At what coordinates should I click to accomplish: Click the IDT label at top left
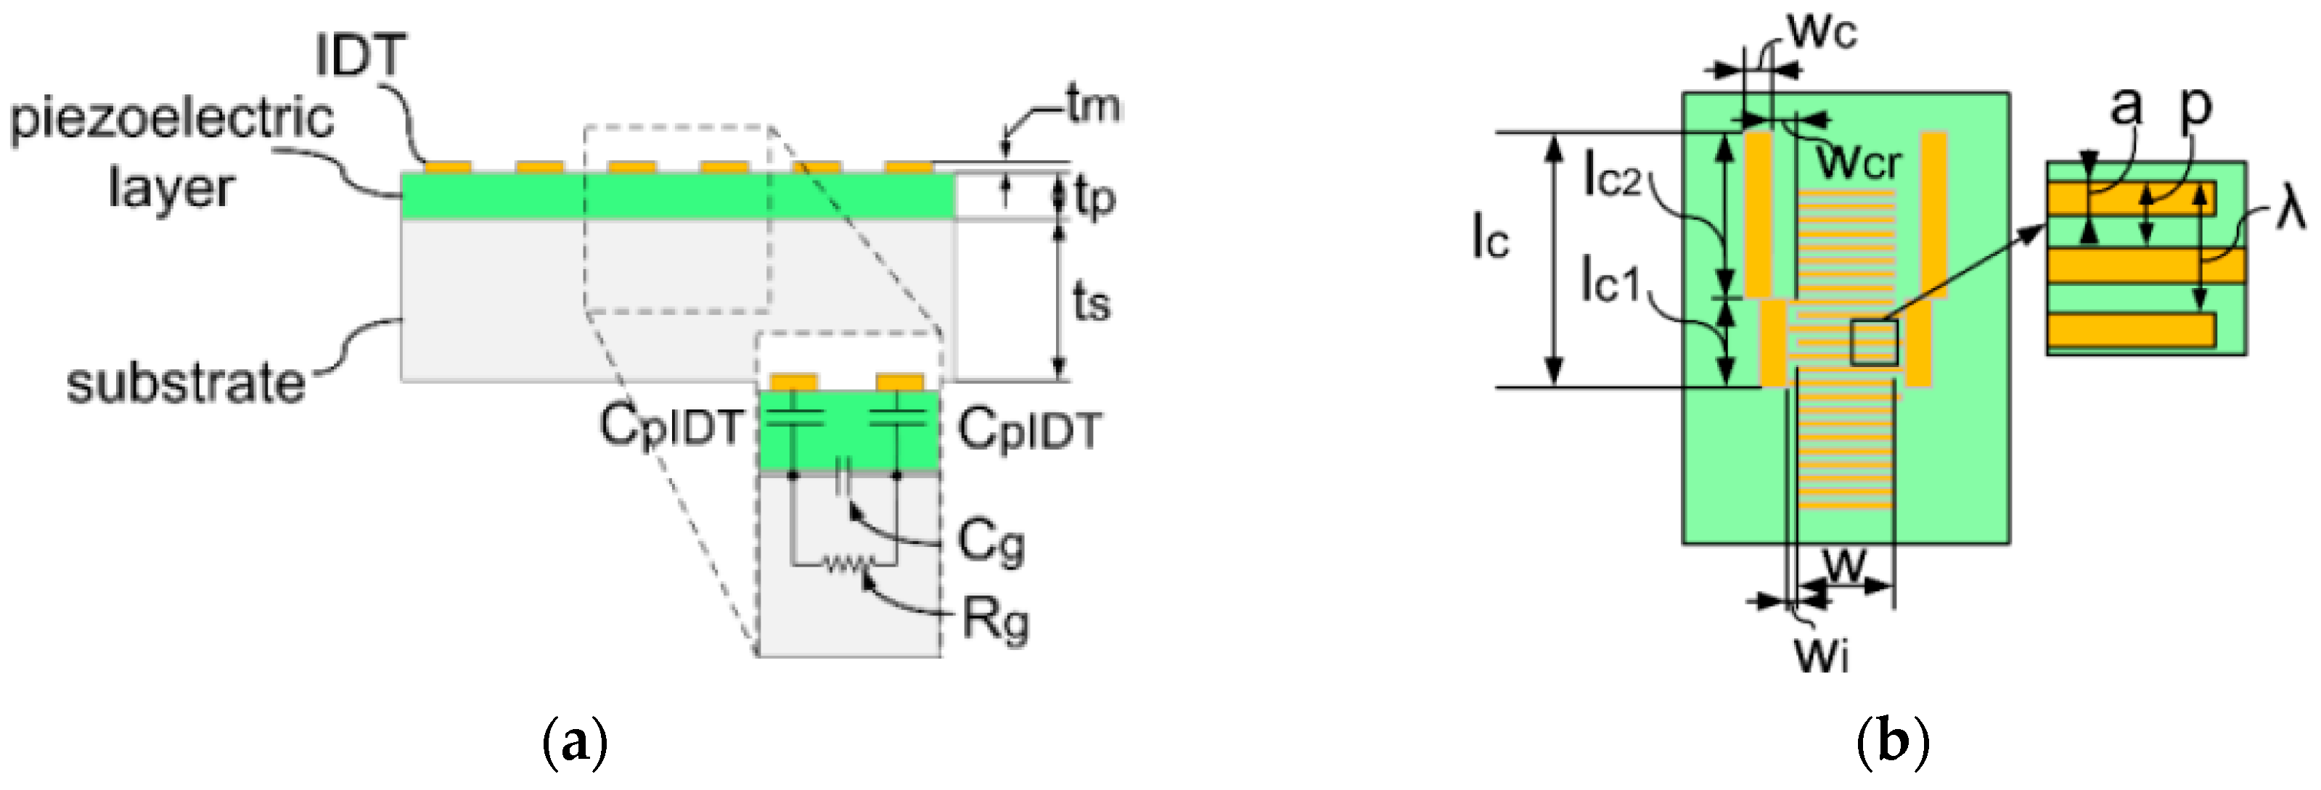click(x=361, y=56)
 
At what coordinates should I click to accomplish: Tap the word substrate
click(x=186, y=384)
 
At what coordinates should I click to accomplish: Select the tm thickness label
click(x=1093, y=105)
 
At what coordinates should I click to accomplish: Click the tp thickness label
click(x=1094, y=198)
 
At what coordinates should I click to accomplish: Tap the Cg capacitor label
click(x=990, y=541)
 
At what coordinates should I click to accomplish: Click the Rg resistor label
click(x=995, y=620)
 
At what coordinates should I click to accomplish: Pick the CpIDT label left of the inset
click(x=671, y=426)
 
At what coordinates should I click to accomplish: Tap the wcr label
click(x=1858, y=163)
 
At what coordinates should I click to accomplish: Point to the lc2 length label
click(x=1612, y=174)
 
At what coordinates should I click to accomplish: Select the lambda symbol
click(x=2290, y=210)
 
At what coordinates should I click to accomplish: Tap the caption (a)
click(x=575, y=742)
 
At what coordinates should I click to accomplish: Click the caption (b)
click(x=1892, y=742)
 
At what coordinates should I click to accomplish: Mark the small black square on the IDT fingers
click(x=1874, y=342)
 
